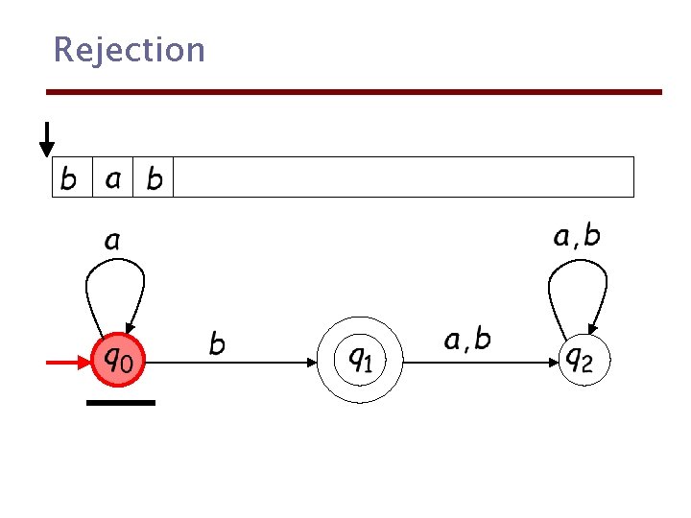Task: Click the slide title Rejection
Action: (x=129, y=49)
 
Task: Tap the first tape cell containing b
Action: (x=71, y=177)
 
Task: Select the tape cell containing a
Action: (x=112, y=177)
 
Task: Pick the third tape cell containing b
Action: (x=154, y=177)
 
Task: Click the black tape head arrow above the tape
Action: (x=46, y=139)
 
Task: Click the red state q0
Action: (x=119, y=361)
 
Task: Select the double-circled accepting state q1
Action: (x=360, y=361)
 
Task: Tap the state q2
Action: (x=583, y=361)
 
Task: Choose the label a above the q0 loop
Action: (x=112, y=240)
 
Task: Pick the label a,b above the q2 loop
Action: (x=577, y=235)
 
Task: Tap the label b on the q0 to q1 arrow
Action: (x=218, y=342)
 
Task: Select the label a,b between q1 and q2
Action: (x=467, y=339)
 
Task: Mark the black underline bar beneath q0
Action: (x=120, y=403)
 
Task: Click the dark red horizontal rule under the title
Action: (x=355, y=92)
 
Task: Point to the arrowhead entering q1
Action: (x=312, y=363)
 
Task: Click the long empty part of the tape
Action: (x=403, y=177)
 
